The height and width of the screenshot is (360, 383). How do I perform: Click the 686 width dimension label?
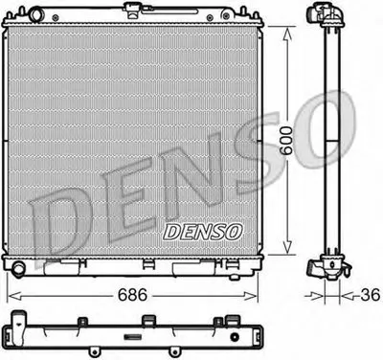tap(132, 295)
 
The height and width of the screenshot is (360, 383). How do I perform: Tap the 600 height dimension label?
tap(286, 141)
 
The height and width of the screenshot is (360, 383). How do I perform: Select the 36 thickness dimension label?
tap(371, 295)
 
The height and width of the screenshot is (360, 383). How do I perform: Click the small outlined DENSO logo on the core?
tap(203, 232)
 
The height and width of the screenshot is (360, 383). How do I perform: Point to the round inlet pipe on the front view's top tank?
tap(36, 14)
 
